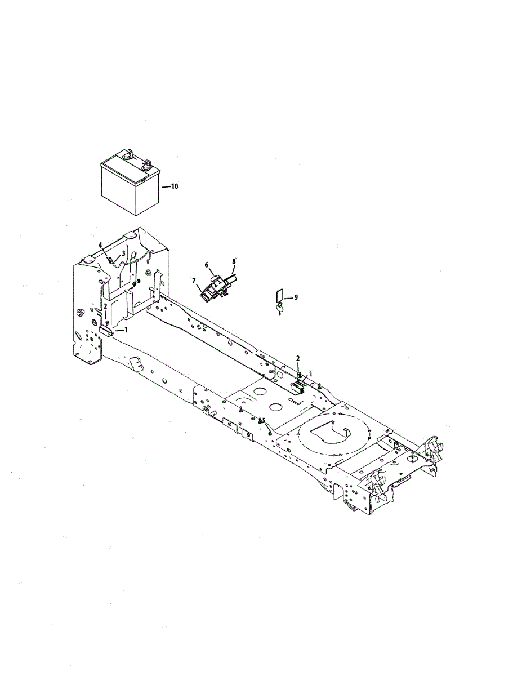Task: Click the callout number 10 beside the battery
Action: (175, 186)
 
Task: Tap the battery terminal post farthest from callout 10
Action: (128, 153)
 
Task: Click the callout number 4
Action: (100, 245)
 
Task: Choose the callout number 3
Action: (123, 253)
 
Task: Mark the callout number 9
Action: (296, 297)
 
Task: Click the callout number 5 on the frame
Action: (263, 420)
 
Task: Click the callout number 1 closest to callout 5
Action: (310, 373)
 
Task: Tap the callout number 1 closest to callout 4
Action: (126, 330)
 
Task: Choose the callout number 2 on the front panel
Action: (105, 306)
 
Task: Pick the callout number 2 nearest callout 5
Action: (298, 358)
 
